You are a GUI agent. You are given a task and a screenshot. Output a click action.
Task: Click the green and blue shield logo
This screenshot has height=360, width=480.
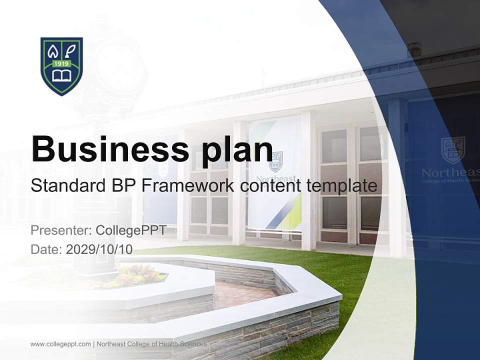point(61,66)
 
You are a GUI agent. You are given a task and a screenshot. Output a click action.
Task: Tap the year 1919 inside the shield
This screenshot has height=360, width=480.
point(61,64)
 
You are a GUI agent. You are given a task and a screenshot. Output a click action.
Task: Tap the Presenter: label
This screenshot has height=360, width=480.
point(60,230)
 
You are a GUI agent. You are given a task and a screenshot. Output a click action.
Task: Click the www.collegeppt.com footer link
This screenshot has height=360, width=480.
point(60,344)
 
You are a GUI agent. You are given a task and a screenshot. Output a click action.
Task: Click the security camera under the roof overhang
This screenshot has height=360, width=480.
point(414,49)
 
